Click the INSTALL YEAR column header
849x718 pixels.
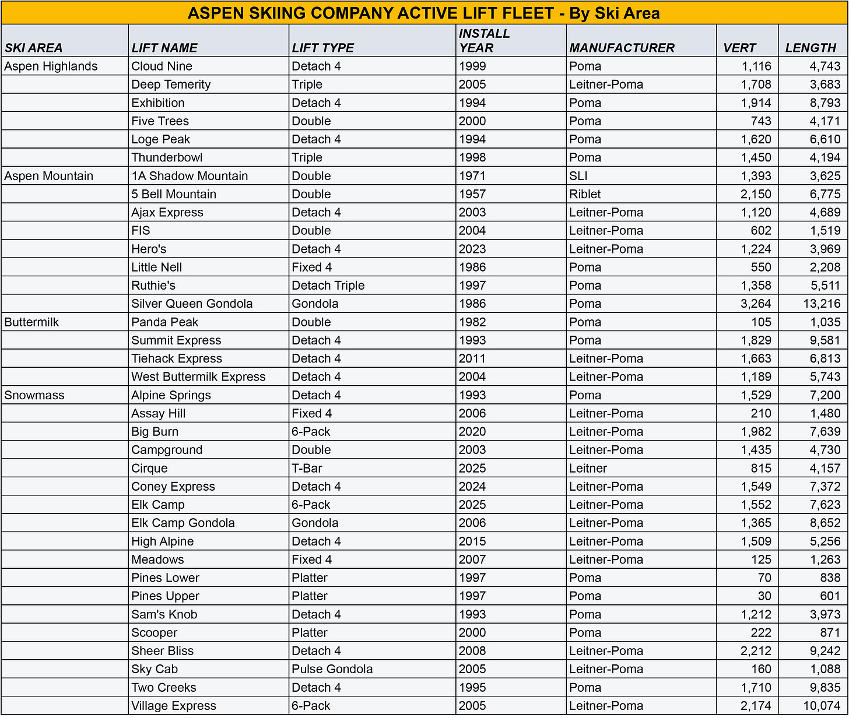pyautogui.click(x=484, y=41)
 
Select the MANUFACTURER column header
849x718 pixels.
pyautogui.click(x=622, y=48)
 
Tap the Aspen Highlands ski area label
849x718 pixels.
pyautogui.click(x=51, y=66)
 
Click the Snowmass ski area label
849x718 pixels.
pyautogui.click(x=34, y=395)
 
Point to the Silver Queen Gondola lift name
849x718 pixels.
pyautogui.click(x=192, y=304)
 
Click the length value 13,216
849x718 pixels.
pyautogui.click(x=822, y=304)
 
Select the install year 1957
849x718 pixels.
pyautogui.click(x=472, y=194)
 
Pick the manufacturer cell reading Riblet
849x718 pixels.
pyautogui.click(x=585, y=194)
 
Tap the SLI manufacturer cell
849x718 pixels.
pyautogui.click(x=578, y=176)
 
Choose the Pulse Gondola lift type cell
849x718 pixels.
pyautogui.click(x=332, y=669)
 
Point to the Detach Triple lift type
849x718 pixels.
pyautogui.click(x=328, y=286)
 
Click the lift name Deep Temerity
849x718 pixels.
pyautogui.click(x=171, y=85)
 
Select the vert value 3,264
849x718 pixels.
pyautogui.click(x=756, y=304)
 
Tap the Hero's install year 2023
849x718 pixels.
pyautogui.click(x=472, y=249)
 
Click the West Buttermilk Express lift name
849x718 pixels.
pyautogui.click(x=198, y=377)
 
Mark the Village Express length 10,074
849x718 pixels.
pyautogui.click(x=822, y=706)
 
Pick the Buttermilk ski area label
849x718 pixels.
pyautogui.click(x=31, y=322)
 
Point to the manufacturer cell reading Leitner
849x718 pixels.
pyautogui.click(x=588, y=469)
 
